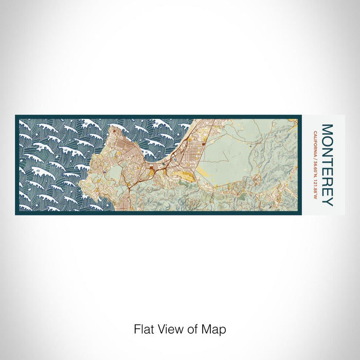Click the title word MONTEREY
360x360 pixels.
(x=327, y=165)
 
